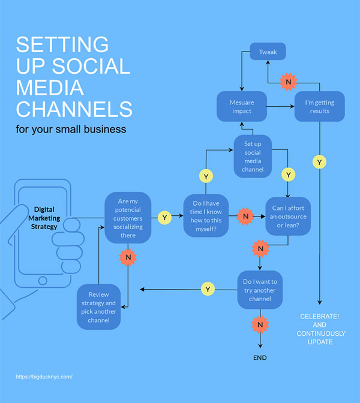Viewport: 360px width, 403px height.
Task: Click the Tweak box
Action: [268, 52]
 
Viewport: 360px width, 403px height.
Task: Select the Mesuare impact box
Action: [241, 107]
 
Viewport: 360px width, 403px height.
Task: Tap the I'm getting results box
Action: [320, 107]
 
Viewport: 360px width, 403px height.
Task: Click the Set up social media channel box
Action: [253, 157]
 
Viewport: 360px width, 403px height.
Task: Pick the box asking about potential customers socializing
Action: [128, 217]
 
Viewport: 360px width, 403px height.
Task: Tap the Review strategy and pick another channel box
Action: [99, 307]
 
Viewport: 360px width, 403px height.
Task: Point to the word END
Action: [260, 358]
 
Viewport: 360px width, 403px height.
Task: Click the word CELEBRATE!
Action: [320, 316]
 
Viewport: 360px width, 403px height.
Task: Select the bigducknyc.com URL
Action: [44, 377]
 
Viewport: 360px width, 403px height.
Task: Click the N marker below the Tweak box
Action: [288, 81]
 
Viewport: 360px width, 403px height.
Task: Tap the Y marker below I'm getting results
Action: [319, 162]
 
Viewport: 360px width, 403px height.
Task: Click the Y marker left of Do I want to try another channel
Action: [208, 290]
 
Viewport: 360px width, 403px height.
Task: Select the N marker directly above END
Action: [260, 326]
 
